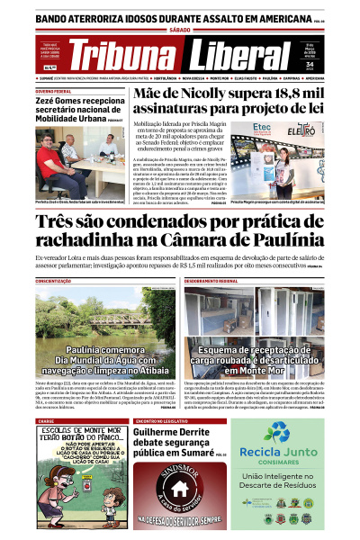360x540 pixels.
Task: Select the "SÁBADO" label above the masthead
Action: [x=180, y=31]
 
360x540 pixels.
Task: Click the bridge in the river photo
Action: [x=85, y=316]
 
